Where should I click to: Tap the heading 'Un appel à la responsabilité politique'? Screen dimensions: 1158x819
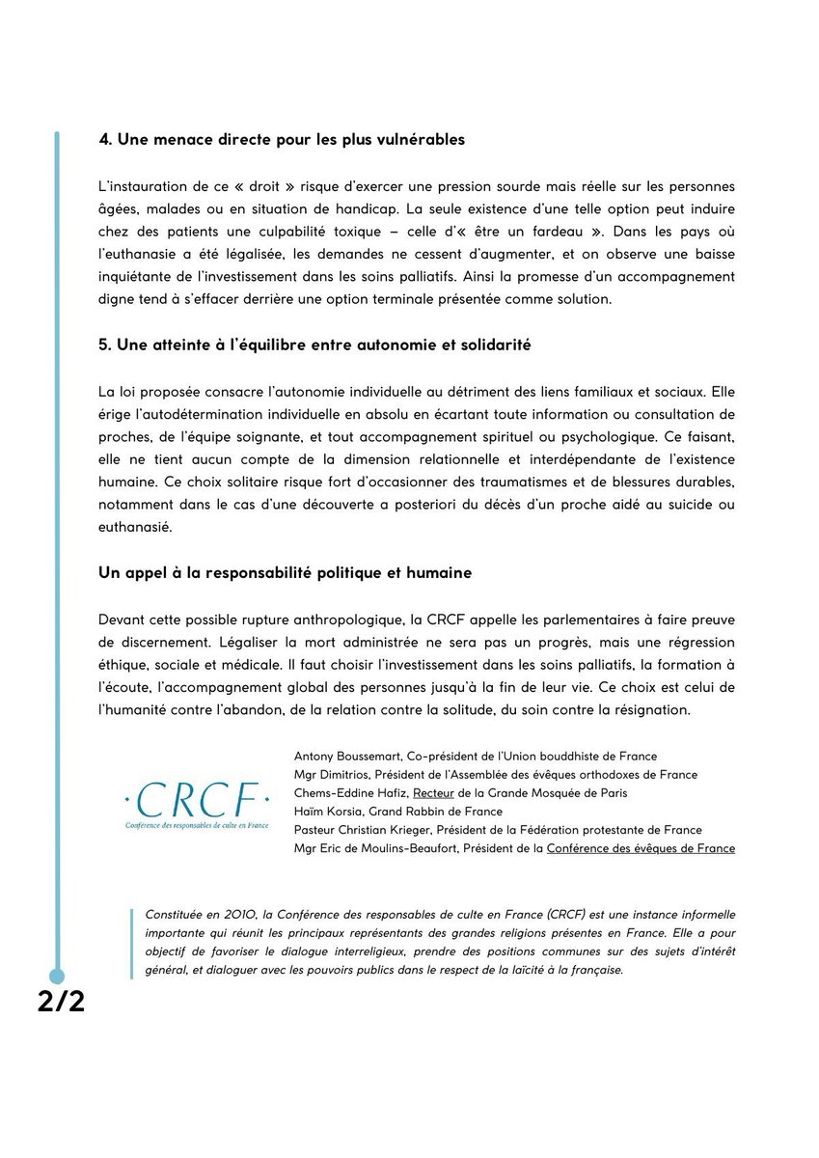pyautogui.click(x=285, y=573)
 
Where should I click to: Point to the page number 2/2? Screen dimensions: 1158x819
pyautogui.click(x=62, y=1002)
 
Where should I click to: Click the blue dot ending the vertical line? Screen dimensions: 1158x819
pyautogui.click(x=57, y=976)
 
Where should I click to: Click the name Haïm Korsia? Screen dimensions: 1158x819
pyautogui.click(x=326, y=812)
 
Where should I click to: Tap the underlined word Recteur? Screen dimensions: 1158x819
pyautogui.click(x=433, y=793)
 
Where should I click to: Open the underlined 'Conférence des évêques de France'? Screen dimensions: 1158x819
pyautogui.click(x=641, y=848)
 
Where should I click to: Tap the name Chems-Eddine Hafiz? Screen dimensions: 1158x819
pyautogui.click(x=350, y=793)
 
